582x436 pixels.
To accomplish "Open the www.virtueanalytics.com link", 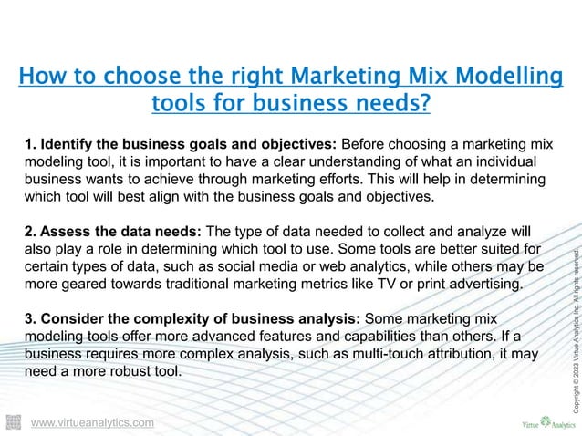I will [92, 423].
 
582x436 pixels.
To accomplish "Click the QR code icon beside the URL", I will [14, 421].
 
